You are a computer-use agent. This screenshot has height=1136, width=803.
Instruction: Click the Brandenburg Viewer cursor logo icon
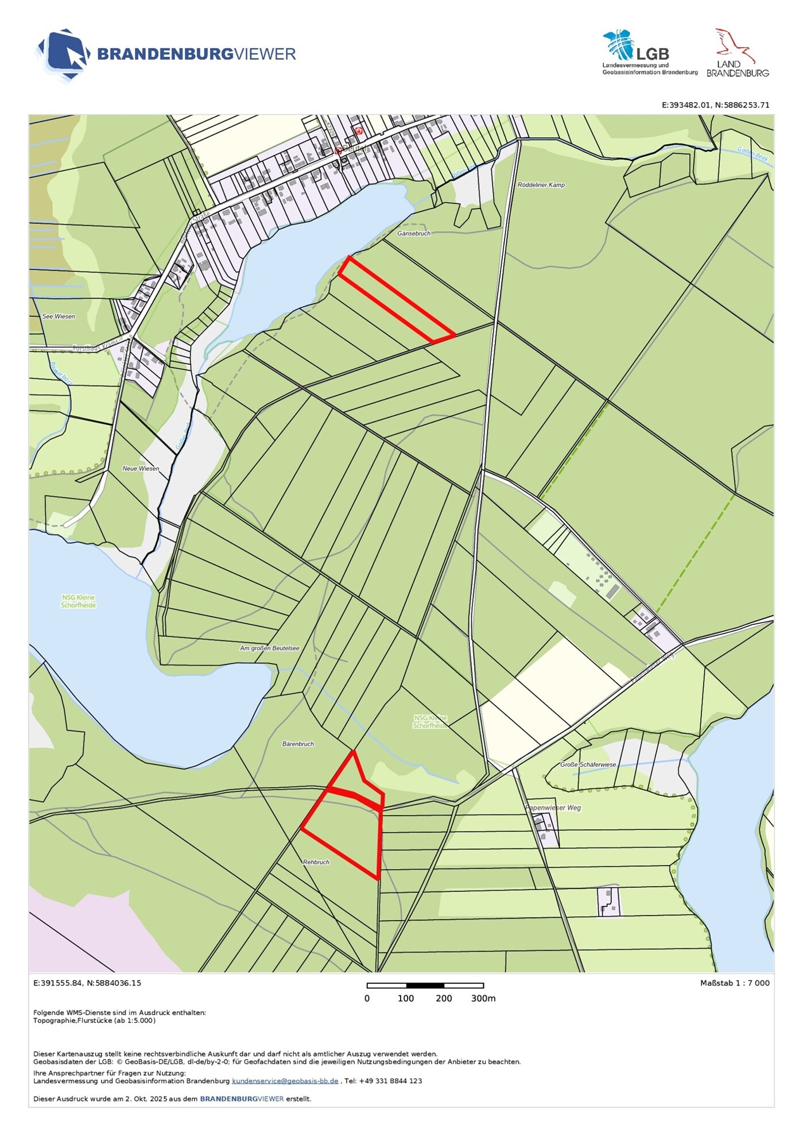click(64, 55)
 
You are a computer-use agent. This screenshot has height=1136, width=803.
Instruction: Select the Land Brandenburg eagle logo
click(737, 52)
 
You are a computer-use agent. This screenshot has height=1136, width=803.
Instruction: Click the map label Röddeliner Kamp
click(541, 185)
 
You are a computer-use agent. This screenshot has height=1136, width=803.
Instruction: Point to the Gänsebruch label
click(413, 234)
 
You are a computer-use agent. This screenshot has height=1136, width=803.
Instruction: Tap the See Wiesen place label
click(59, 316)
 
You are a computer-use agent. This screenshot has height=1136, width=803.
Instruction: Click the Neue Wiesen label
click(141, 469)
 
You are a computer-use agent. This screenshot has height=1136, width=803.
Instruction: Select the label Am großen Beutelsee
click(269, 648)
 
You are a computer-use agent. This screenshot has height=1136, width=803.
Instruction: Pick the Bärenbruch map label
click(298, 744)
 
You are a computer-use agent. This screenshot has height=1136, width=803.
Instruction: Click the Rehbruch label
click(316, 862)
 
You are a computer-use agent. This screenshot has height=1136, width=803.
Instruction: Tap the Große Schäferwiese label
click(588, 765)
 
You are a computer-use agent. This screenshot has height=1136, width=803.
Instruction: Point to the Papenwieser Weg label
click(553, 808)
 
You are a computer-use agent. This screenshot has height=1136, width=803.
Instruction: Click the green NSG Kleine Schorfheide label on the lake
click(79, 601)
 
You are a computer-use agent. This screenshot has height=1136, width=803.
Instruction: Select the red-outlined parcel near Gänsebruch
click(396, 300)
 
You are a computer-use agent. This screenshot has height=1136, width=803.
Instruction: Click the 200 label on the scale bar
click(444, 999)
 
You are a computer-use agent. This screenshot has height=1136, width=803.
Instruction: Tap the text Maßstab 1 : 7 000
click(734, 983)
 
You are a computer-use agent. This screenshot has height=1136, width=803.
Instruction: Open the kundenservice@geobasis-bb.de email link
click(285, 1081)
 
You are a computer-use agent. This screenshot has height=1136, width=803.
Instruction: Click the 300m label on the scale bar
click(483, 999)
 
